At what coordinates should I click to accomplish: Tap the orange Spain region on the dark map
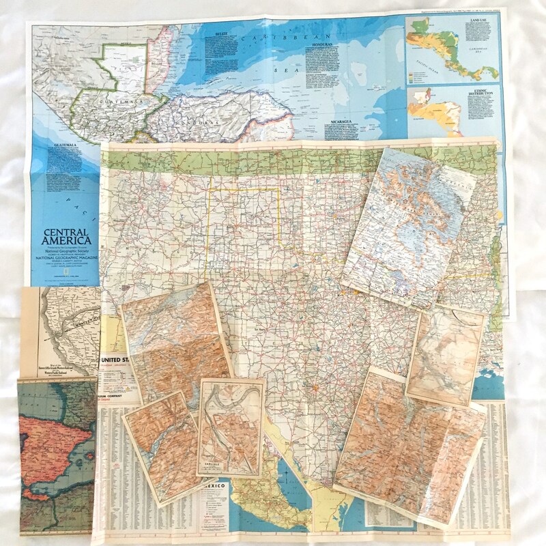[55, 437]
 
